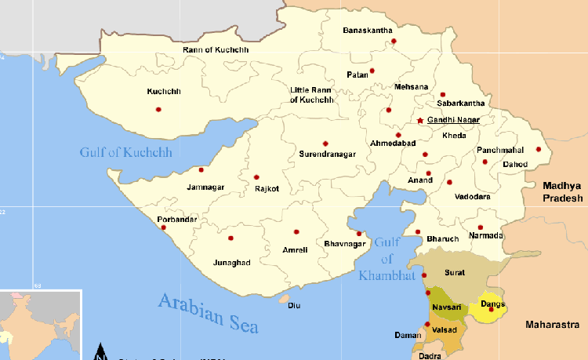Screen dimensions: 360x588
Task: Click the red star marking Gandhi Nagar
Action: (420, 120)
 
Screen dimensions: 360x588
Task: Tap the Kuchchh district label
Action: (163, 92)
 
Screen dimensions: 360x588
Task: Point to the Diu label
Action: (294, 305)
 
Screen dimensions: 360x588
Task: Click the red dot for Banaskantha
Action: (394, 41)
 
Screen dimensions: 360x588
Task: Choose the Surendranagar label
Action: (328, 155)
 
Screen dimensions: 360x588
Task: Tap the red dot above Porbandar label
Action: (163, 227)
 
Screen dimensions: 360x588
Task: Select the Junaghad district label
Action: (231, 262)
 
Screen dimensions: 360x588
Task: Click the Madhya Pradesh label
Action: (563, 191)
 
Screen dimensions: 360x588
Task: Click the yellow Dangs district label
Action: (492, 304)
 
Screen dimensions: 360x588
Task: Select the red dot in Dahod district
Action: (539, 149)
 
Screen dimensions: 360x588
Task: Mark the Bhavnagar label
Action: (345, 244)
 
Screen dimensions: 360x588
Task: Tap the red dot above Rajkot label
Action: (256, 176)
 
